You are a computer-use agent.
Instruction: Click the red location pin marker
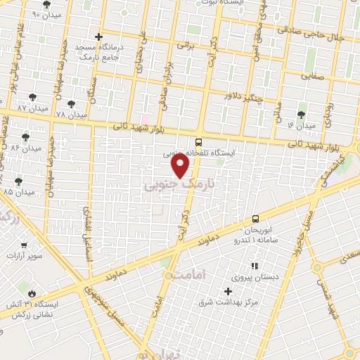[x=181, y=166]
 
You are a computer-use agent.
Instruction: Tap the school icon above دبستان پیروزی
[x=255, y=266]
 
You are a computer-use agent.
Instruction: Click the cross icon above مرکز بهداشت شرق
[x=227, y=291]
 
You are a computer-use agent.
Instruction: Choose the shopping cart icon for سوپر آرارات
[x=24, y=245]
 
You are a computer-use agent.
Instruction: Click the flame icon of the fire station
[x=32, y=292]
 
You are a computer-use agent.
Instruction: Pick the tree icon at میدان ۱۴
[x=302, y=114]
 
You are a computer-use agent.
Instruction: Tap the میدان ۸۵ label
[x=19, y=192]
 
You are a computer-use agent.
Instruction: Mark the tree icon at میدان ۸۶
[x=26, y=137]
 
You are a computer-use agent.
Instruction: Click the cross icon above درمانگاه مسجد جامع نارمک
[x=99, y=37]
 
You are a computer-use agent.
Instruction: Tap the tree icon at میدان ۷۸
[x=70, y=103]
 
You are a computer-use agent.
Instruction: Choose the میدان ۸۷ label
[x=32, y=108]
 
